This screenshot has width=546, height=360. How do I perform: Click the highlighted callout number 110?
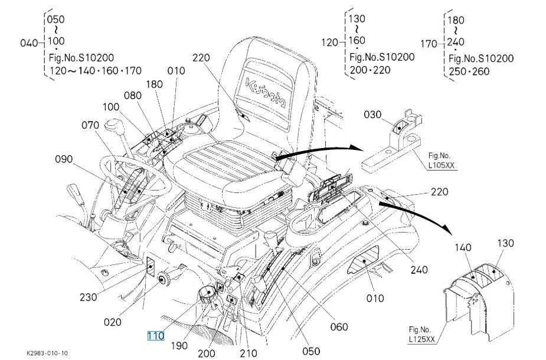point(155,336)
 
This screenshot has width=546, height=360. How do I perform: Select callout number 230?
point(89,297)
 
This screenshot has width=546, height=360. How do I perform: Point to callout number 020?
point(112,322)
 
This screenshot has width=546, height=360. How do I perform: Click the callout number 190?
point(179,345)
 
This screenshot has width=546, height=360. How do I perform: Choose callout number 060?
point(339,326)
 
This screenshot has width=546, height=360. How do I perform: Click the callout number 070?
point(90,125)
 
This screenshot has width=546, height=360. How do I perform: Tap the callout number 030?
point(373,115)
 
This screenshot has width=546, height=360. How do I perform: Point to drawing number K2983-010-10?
point(47,352)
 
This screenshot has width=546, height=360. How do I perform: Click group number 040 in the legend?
point(28,42)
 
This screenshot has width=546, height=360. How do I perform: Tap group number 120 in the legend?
point(329,42)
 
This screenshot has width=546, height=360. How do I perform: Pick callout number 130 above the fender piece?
point(505,243)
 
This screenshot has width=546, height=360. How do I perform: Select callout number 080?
point(133,95)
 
